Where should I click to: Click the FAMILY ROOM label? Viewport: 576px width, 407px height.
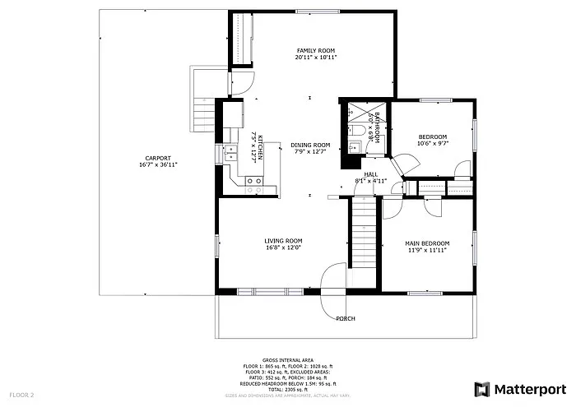click(316, 51)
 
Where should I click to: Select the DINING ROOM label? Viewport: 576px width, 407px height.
click(310, 145)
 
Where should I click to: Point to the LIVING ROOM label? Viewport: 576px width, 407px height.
click(284, 241)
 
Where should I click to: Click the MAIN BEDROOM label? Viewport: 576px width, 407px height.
click(427, 243)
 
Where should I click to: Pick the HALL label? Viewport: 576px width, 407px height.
click(371, 173)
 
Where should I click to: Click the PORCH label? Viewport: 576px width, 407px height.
click(346, 317)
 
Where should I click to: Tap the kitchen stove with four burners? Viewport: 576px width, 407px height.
click(253, 186)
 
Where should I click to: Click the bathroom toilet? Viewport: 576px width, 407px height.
click(361, 129)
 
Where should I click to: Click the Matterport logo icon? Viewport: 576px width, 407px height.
click(482, 389)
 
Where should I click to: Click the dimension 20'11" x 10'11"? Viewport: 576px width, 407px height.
click(316, 59)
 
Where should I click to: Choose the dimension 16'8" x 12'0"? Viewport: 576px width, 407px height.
click(284, 248)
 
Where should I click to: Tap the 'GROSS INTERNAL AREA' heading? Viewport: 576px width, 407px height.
click(287, 360)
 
